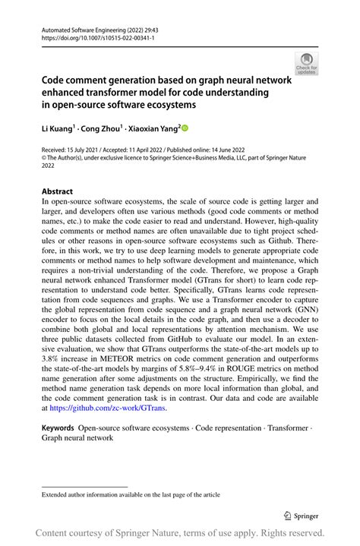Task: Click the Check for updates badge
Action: (307, 63)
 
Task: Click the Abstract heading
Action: (58, 192)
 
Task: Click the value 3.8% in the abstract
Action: (51, 355)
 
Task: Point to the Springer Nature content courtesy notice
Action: (180, 532)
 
